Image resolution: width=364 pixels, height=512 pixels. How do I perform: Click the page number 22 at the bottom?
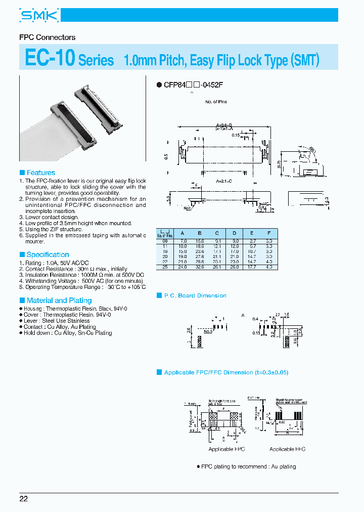click(x=24, y=499)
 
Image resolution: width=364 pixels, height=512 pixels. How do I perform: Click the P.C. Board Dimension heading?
click(x=195, y=295)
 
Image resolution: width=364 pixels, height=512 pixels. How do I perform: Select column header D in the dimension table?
click(x=235, y=234)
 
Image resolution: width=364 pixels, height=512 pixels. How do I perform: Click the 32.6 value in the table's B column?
click(x=201, y=267)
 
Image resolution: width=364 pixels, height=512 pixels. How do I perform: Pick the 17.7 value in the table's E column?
click(x=251, y=267)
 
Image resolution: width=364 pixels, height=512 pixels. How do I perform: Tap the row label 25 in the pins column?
click(x=165, y=267)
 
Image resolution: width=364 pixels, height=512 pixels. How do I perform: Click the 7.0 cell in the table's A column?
click(x=183, y=242)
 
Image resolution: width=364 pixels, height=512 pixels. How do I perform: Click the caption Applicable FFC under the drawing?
click(x=287, y=449)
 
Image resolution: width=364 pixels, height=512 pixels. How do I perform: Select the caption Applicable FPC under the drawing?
click(x=226, y=449)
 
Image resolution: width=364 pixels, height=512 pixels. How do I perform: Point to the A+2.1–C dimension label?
click(x=224, y=181)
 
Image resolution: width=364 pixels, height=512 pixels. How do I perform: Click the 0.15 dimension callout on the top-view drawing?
click(x=236, y=135)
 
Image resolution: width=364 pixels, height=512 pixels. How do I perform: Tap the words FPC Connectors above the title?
click(x=47, y=37)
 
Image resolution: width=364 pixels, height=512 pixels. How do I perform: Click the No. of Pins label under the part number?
click(x=216, y=102)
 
